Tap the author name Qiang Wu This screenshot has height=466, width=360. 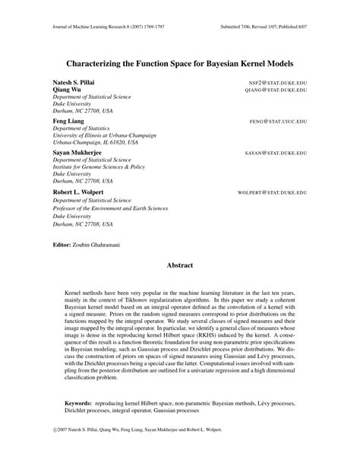click(x=66, y=89)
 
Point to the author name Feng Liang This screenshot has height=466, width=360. click(x=68, y=121)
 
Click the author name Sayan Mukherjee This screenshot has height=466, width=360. click(x=79, y=152)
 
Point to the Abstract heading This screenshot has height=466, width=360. click(x=180, y=265)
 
